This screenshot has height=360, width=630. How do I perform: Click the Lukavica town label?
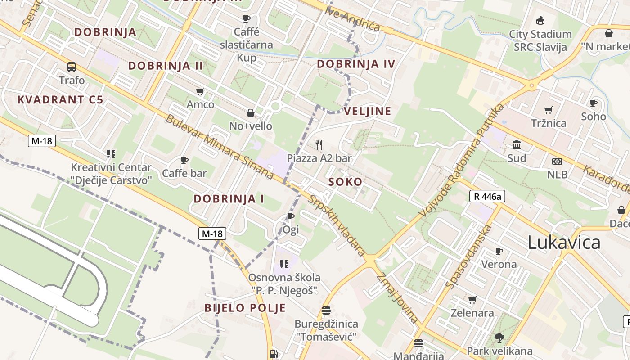tap(564, 243)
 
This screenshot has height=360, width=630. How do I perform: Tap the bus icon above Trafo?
tap(72, 67)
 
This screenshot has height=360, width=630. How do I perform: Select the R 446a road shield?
tap(487, 196)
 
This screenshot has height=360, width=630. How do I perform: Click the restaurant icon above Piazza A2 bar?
tap(319, 144)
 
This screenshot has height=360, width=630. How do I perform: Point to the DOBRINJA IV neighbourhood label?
tap(356, 64)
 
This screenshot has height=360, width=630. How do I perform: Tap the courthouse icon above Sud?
tap(517, 145)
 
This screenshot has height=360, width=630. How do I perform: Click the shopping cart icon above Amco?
tap(200, 91)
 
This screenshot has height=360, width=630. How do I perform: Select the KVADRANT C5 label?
tap(60, 100)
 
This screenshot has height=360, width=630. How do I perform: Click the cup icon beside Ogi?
tap(291, 217)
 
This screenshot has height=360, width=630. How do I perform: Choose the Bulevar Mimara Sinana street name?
tap(220, 147)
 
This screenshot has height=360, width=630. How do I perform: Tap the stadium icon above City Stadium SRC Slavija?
tap(540, 20)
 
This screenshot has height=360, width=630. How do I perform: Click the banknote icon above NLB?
tap(557, 162)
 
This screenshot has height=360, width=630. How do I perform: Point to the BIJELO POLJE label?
tap(245, 308)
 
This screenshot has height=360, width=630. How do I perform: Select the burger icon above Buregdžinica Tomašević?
tap(326, 310)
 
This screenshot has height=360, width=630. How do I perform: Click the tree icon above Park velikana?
tap(499, 337)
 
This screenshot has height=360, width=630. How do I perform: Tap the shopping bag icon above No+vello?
tap(251, 112)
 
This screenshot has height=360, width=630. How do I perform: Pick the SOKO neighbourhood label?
tap(345, 182)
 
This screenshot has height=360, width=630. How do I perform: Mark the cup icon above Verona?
tap(499, 251)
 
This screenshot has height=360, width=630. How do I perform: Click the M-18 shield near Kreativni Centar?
tap(42, 141)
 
